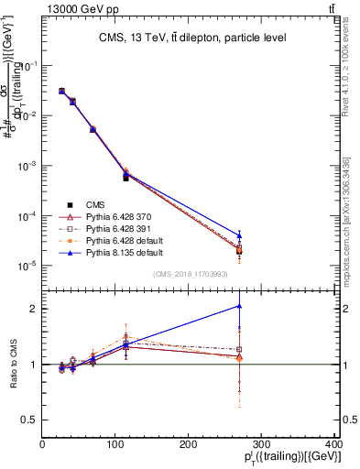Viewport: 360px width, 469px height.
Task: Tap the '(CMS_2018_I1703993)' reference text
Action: [x=191, y=273]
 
